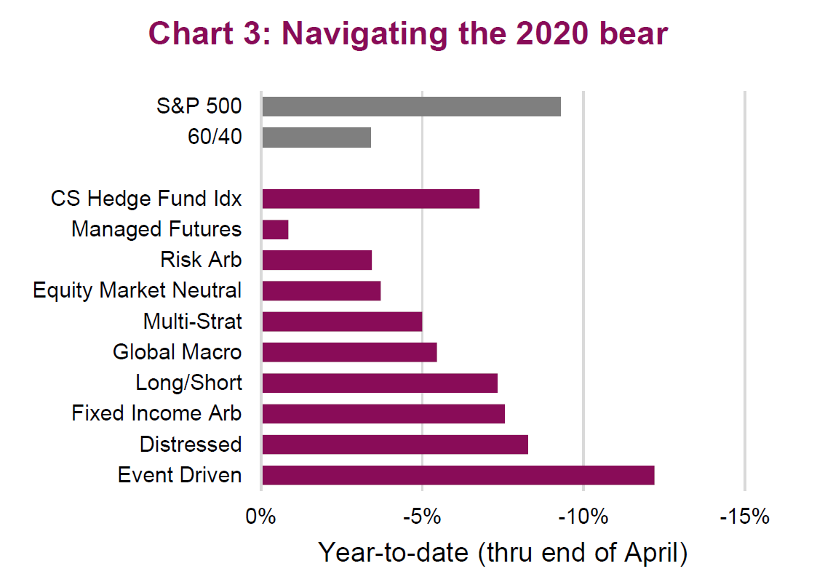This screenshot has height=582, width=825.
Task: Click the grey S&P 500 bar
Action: point(411,106)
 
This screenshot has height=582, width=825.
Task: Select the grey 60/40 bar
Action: point(316,137)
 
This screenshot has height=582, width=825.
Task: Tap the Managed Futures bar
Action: point(275,230)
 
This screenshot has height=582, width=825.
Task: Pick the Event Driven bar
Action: point(458,475)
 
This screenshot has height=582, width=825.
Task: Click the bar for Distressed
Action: point(394,445)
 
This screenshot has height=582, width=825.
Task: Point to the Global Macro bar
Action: point(349,352)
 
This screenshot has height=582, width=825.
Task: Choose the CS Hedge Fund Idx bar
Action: point(370,199)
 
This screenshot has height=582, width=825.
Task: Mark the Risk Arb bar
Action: point(316,260)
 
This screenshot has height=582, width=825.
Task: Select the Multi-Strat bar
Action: point(342,322)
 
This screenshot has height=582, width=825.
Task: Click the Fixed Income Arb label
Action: point(156,413)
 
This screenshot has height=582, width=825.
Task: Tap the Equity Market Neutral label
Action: point(137,290)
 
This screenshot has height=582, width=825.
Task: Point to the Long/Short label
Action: point(188,383)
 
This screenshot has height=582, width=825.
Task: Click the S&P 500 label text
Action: point(199,106)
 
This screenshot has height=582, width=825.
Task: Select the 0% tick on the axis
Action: point(262,517)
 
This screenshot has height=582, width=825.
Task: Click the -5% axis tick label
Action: point(422,517)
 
